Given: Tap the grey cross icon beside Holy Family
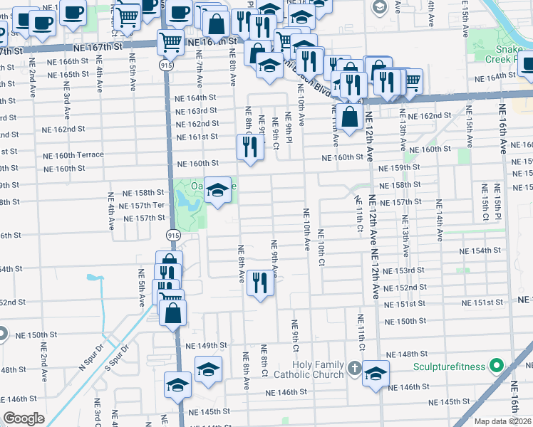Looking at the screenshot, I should pos(356,369).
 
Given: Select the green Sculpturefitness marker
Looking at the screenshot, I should pos(498,367).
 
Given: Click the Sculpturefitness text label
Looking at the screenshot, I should pos(452,368).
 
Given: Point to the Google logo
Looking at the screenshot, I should pos(24,418).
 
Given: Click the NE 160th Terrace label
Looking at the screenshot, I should pos(73,155).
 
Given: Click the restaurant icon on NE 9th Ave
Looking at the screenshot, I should pos(260,283).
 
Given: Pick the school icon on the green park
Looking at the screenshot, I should pos(219,189).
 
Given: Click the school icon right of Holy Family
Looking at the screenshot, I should pos(376,373).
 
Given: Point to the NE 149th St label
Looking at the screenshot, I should pos(206,346).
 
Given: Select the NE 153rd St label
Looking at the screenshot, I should pos(403,271).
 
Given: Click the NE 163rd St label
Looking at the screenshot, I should pos(196,111).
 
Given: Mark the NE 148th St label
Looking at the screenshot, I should pos(407,354).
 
